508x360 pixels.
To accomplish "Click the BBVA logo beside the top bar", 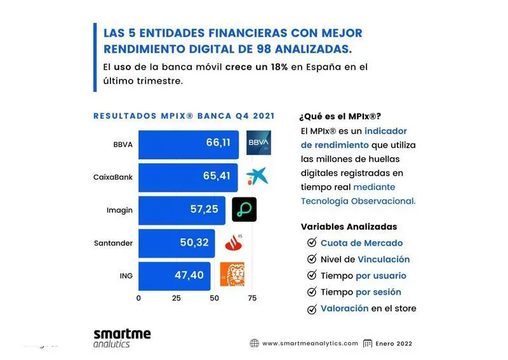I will point(258,143).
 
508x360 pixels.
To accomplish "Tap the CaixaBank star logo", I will point(257,176).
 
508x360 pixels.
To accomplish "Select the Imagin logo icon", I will point(244,210).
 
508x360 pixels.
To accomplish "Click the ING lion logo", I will point(232,275).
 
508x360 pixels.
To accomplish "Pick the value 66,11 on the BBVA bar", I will point(218,143).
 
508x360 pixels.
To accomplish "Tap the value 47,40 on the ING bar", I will point(189,275).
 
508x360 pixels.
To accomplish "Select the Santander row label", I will point(114,243).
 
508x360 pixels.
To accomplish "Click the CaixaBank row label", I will point(113,177).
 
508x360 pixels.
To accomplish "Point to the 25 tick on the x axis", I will point(177,298).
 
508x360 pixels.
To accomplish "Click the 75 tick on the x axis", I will point(252,298).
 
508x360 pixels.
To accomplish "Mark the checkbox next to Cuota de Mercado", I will point(311,243).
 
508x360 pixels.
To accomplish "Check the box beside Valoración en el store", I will point(311,309).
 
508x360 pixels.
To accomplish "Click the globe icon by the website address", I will point(255,343).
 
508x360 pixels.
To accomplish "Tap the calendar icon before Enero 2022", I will point(368,343).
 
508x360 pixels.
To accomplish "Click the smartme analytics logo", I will point(122,338).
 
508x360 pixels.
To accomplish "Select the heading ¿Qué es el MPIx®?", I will point(340,116).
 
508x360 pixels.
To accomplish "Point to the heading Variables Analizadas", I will point(349,227).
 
